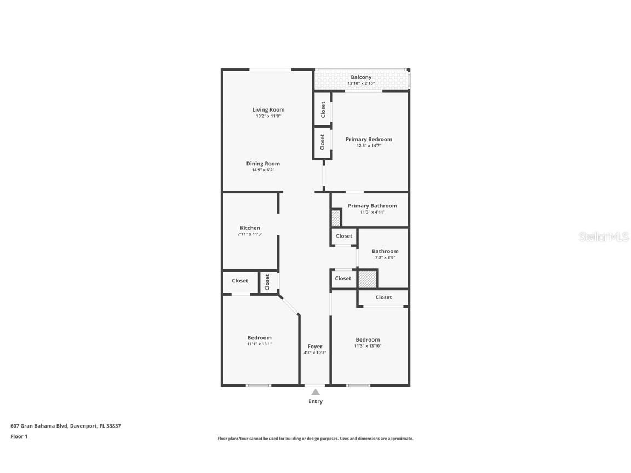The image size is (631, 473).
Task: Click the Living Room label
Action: pyautogui.click(x=268, y=109)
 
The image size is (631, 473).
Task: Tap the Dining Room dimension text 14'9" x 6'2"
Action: pyautogui.click(x=263, y=170)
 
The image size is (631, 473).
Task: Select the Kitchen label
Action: pyautogui.click(x=250, y=228)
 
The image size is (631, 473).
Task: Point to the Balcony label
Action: pyautogui.click(x=361, y=77)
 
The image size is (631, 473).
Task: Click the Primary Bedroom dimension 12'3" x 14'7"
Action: pyautogui.click(x=369, y=146)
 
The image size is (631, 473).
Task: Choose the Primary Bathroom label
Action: pyautogui.click(x=372, y=205)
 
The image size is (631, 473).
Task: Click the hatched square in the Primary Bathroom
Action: pyautogui.click(x=336, y=218)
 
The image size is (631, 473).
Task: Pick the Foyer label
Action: pyautogui.click(x=315, y=347)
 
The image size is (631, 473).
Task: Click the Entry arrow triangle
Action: pyautogui.click(x=315, y=392)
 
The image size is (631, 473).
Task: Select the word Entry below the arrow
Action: pyautogui.click(x=315, y=401)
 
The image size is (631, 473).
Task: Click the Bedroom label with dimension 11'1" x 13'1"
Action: pyautogui.click(x=259, y=337)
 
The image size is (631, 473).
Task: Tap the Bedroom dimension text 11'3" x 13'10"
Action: pyautogui.click(x=368, y=346)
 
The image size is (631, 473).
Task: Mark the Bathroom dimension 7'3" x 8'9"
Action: pyautogui.click(x=385, y=257)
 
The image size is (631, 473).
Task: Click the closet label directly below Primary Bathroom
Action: pyautogui.click(x=343, y=236)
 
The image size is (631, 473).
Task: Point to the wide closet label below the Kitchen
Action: pyautogui.click(x=240, y=281)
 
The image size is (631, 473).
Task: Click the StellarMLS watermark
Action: pyautogui.click(x=604, y=237)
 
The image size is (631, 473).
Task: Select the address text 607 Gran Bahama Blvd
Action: pyautogui.click(x=39, y=425)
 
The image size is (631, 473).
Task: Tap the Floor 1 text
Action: pyautogui.click(x=19, y=436)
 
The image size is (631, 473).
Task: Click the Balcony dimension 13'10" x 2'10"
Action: pyautogui.click(x=361, y=83)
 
